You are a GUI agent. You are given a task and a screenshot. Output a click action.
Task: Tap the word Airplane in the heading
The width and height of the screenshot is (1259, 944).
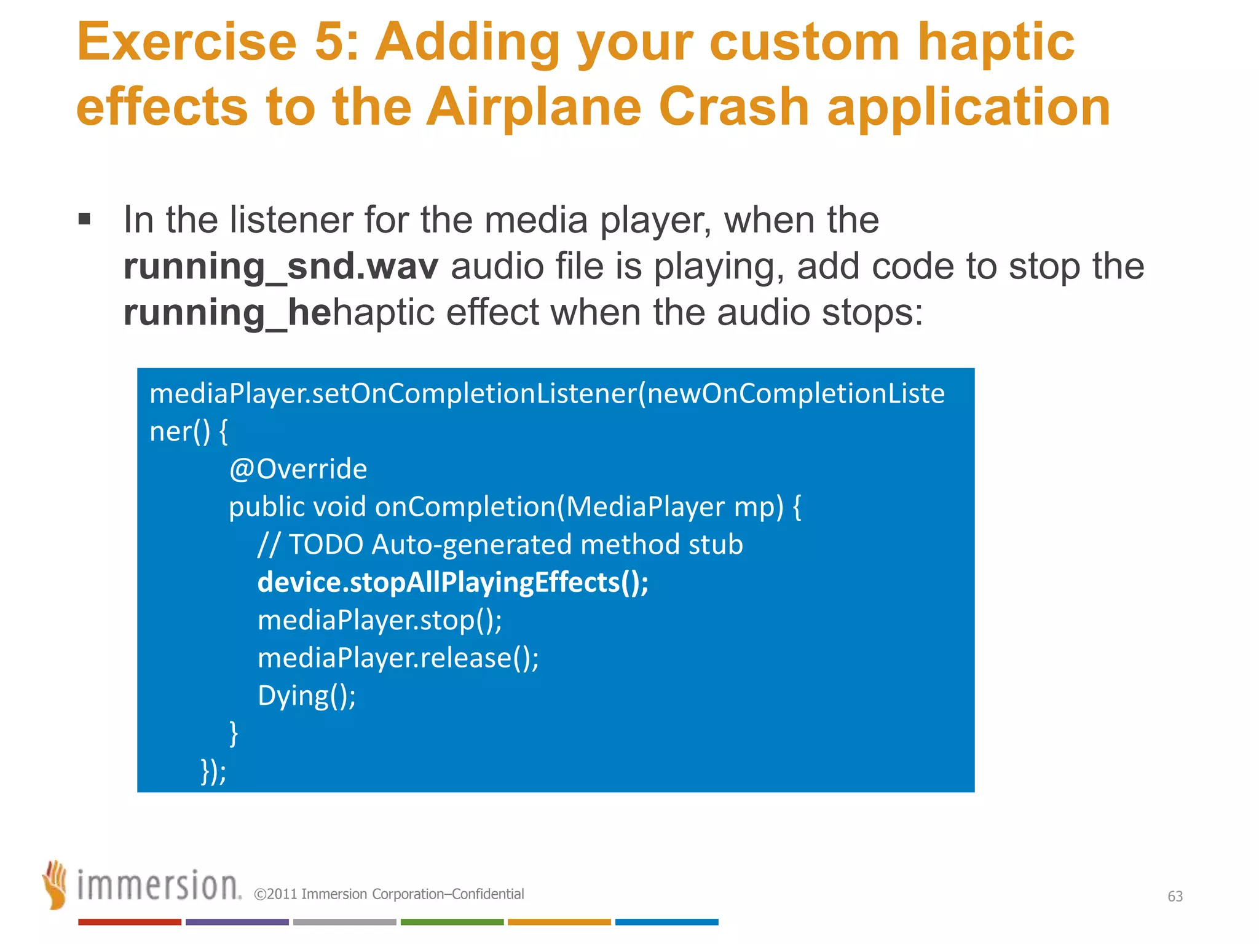pyautogui.click(x=533, y=107)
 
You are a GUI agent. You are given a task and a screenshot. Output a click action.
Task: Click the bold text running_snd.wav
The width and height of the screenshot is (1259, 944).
pyautogui.click(x=280, y=267)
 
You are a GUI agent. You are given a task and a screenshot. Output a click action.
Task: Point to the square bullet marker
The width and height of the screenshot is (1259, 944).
pyautogui.click(x=85, y=219)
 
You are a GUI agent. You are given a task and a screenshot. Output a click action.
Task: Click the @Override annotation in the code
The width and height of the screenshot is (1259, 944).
pyautogui.click(x=298, y=469)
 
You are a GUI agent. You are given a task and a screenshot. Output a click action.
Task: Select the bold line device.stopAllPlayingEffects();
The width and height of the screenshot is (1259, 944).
pyautogui.click(x=452, y=582)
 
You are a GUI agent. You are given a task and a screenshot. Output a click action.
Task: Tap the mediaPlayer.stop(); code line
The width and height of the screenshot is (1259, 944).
pyautogui.click(x=379, y=620)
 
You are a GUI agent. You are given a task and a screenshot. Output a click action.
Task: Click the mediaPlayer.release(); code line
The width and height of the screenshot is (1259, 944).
pyautogui.click(x=398, y=658)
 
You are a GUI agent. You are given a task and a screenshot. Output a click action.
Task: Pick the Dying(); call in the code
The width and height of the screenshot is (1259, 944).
pyautogui.click(x=306, y=696)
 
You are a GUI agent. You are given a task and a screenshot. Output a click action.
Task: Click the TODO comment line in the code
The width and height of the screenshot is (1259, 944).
pyautogui.click(x=500, y=545)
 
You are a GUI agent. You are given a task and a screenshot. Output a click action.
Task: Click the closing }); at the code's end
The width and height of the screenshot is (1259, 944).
pyautogui.click(x=213, y=771)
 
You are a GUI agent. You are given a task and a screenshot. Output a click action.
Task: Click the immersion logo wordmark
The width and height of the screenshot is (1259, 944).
pyautogui.click(x=159, y=886)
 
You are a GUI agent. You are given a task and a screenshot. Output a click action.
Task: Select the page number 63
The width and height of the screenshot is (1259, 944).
pyautogui.click(x=1175, y=896)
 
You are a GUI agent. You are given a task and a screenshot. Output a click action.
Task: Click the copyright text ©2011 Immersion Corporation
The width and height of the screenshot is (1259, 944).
pyautogui.click(x=389, y=894)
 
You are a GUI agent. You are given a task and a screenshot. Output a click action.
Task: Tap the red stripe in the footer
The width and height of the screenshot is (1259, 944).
pyautogui.click(x=129, y=922)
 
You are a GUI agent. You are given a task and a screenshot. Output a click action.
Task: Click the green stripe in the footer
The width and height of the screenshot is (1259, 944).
pyautogui.click(x=452, y=922)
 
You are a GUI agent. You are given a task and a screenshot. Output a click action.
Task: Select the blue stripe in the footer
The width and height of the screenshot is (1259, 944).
pyautogui.click(x=666, y=922)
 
